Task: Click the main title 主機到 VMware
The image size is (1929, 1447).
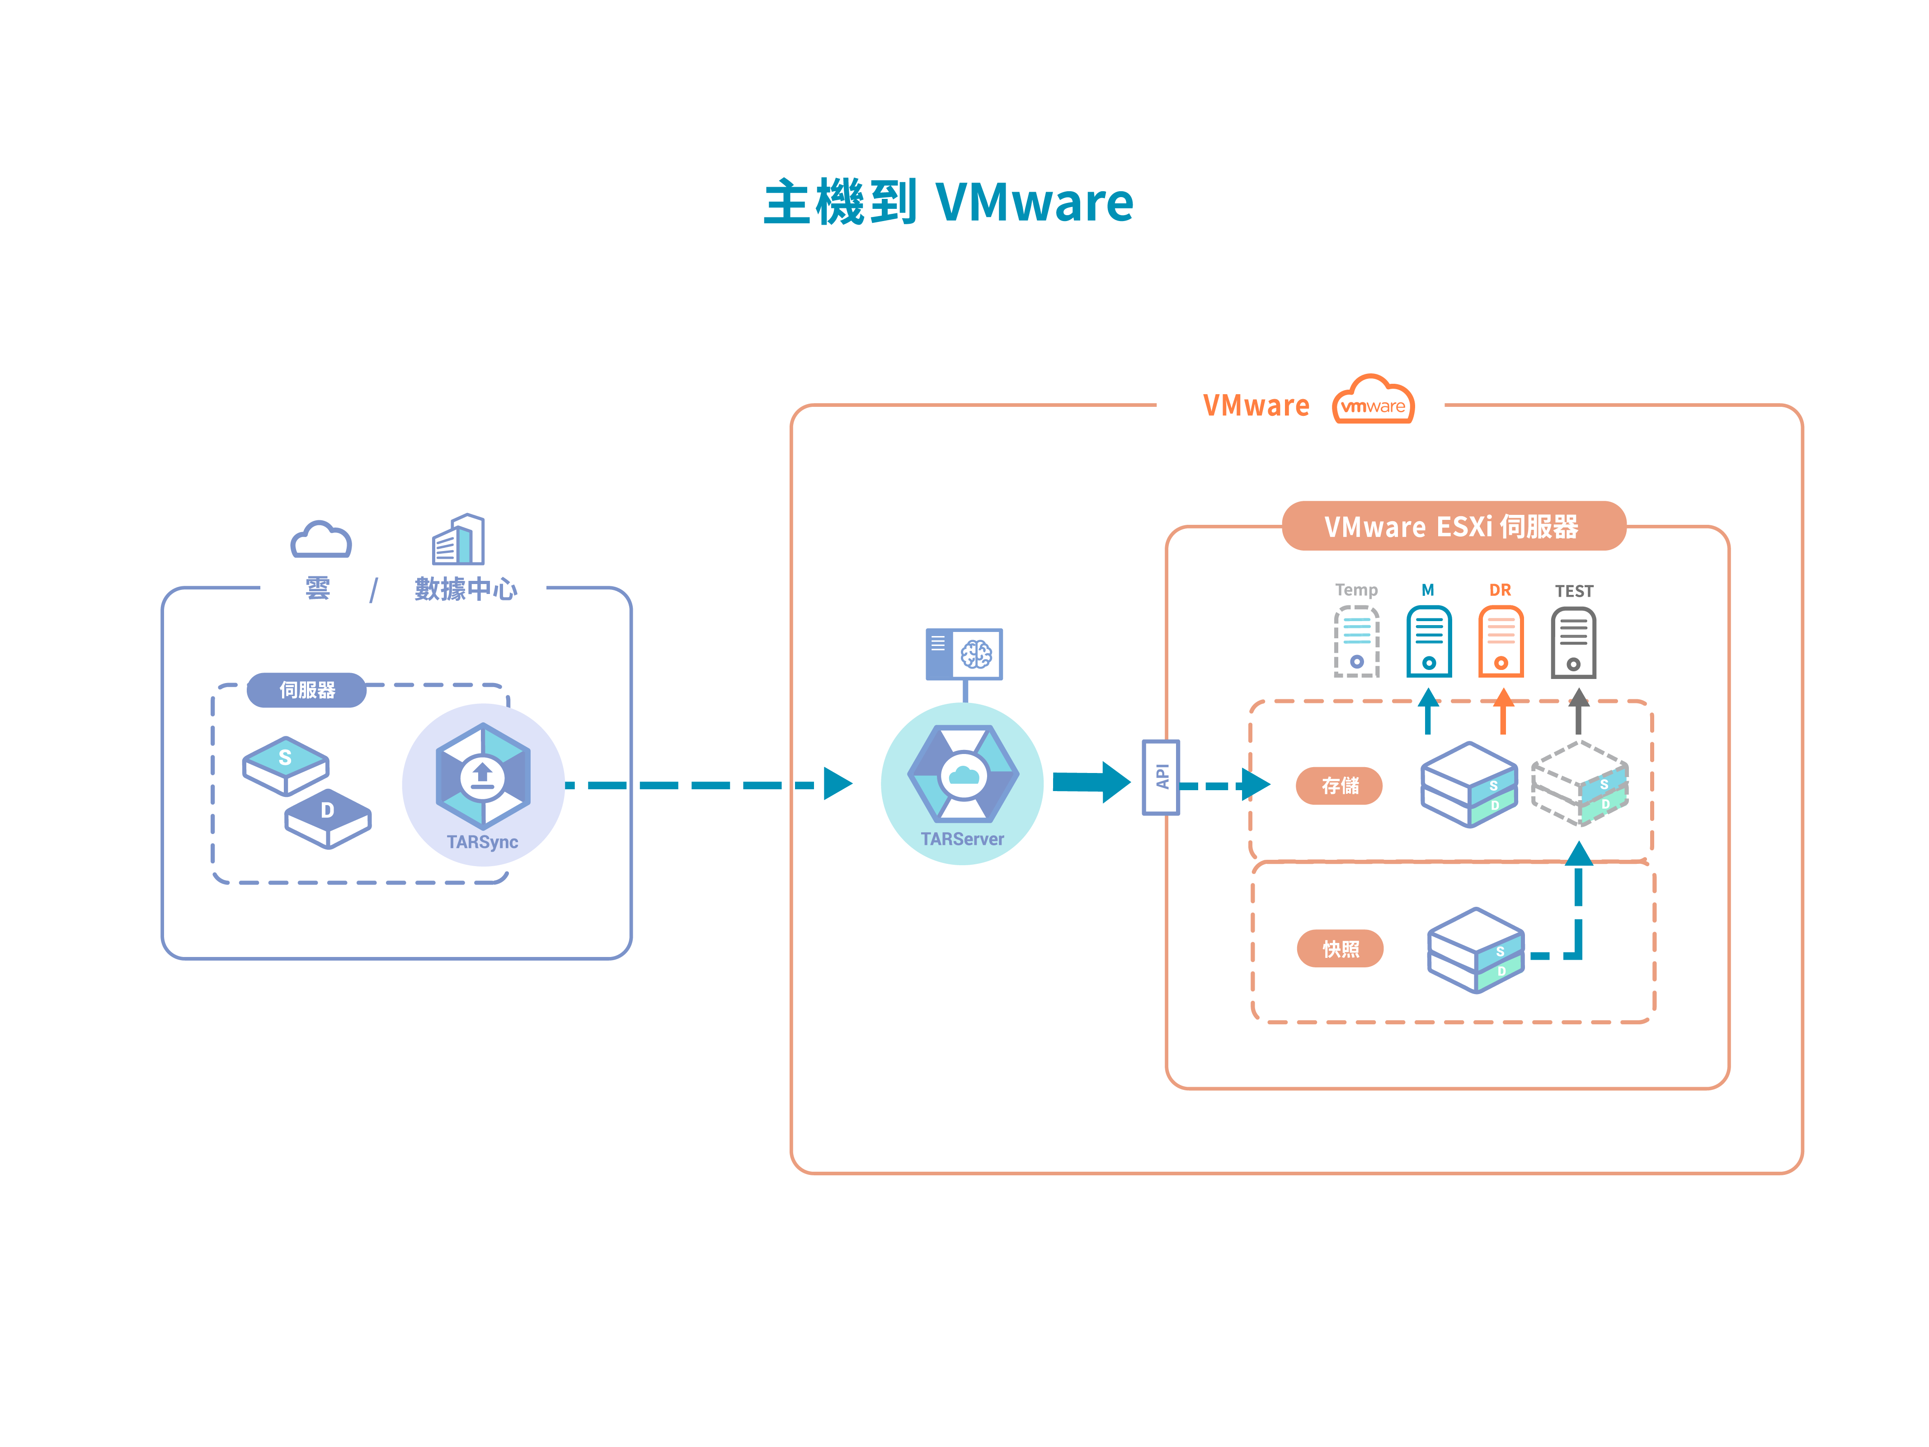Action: [x=948, y=203]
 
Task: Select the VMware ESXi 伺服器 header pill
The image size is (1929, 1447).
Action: [x=1453, y=526]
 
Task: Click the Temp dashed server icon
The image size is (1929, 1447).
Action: [x=1356, y=642]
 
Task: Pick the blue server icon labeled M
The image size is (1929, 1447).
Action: [x=1428, y=642]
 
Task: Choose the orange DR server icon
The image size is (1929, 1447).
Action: [x=1501, y=642]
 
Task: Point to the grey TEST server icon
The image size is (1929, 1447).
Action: [x=1573, y=643]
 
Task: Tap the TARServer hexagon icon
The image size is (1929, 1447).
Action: [x=963, y=773]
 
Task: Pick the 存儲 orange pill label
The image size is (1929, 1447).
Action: [x=1340, y=786]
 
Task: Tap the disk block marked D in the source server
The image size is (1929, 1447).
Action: [x=328, y=818]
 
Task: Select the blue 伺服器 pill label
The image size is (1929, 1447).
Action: [x=307, y=690]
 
